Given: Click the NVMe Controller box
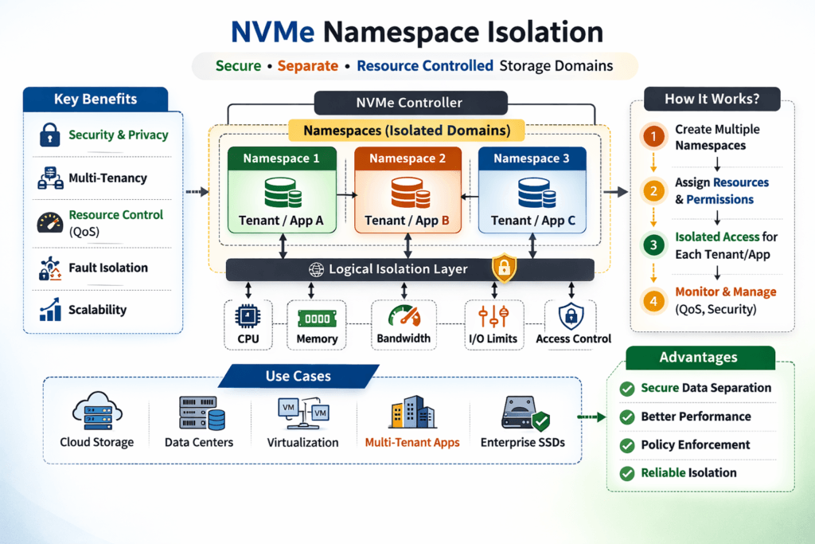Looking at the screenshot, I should coord(410,102).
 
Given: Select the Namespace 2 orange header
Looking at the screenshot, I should coord(407,159).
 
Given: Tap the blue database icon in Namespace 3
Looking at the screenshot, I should coord(532,193).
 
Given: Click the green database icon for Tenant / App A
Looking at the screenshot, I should coord(281,193).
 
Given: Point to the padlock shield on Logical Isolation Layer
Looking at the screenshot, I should coord(504,268).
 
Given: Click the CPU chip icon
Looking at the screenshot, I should coord(248,317).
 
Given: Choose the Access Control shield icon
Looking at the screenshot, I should coord(571,316).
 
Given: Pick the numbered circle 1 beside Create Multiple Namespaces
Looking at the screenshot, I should coord(653,136).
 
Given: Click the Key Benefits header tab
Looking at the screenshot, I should coord(96,100).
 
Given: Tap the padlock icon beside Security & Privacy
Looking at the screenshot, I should coord(49,135).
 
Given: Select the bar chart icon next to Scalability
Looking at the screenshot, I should coord(49,310).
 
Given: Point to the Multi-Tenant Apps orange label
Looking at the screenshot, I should coord(411,442).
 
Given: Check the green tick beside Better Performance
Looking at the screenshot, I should coord(627,417).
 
